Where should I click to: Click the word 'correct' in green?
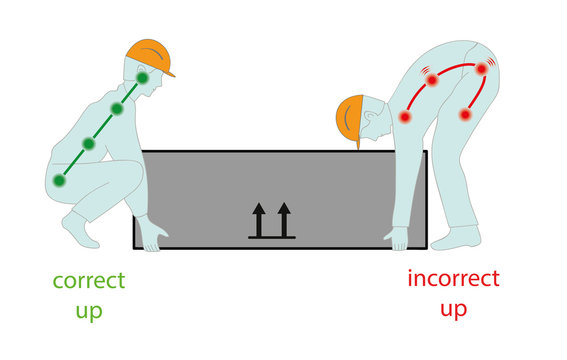tap(88, 281)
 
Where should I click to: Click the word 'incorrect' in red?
tap(453, 278)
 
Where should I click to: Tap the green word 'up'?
tap(88, 311)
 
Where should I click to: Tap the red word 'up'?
tap(453, 309)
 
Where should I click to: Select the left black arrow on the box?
tap(258, 219)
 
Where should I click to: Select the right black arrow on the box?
tap(284, 219)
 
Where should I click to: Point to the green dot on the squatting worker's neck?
tap(142, 78)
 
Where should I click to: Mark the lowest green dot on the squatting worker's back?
tap(60, 181)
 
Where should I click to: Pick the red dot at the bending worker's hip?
tap(482, 69)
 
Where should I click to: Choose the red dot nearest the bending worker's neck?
tap(405, 117)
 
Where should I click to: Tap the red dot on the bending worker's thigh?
tap(465, 115)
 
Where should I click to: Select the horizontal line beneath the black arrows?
tap(271, 238)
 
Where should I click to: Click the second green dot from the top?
tap(117, 109)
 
